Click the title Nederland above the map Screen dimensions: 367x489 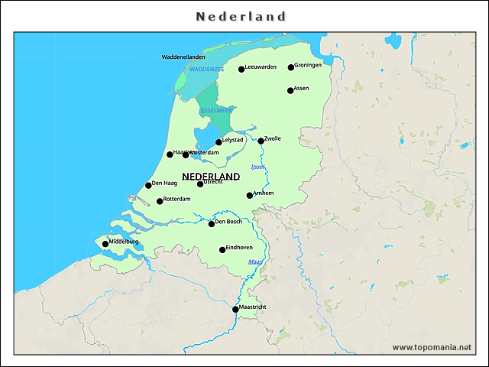(241, 16)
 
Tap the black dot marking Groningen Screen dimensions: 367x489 (290, 67)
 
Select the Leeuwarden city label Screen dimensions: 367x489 (261, 67)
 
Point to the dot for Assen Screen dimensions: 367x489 (290, 90)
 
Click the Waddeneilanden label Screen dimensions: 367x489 (183, 57)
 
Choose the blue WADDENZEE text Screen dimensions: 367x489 (206, 69)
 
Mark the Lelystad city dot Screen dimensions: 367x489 (219, 142)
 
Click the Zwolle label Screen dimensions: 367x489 (273, 138)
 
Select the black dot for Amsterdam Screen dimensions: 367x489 (186, 155)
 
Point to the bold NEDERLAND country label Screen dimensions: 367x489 (211, 176)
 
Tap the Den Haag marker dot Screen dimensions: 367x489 (148, 185)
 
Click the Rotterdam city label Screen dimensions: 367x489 (176, 199)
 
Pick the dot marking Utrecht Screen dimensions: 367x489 (200, 183)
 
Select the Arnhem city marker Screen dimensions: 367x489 (250, 196)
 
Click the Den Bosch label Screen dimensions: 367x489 (228, 222)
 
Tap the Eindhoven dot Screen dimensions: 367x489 (222, 250)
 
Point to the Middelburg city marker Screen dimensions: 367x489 (105, 244)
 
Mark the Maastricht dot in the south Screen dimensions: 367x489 (235, 310)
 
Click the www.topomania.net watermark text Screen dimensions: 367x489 (432, 347)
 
